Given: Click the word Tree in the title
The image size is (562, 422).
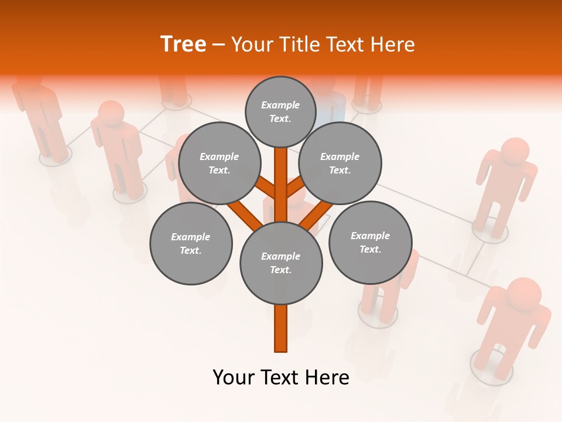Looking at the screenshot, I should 183,44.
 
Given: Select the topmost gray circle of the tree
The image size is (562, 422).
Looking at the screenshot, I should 280,112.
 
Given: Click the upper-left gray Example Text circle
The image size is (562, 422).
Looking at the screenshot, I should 219,164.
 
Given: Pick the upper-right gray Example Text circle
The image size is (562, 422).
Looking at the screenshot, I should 340,164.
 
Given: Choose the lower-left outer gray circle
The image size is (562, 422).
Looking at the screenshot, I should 191,244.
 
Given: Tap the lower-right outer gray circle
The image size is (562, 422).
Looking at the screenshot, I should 370,242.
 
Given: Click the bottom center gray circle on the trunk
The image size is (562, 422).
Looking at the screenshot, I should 281,263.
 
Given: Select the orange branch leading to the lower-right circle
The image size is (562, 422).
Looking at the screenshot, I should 317,214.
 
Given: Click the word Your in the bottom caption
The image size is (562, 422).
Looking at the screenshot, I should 233,377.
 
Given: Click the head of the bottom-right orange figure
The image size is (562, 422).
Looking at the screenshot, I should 523,293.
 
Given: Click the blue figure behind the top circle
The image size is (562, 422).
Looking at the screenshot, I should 332,109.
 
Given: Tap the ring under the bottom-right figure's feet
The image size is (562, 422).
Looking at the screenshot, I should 491,366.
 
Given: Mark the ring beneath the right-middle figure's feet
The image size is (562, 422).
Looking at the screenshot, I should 489,232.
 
